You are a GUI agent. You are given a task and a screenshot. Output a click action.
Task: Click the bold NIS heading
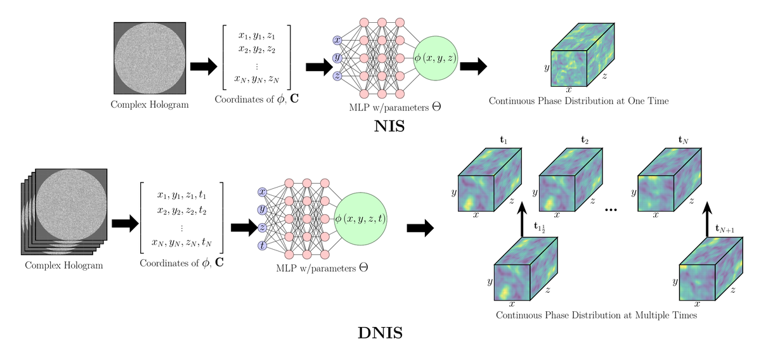pyautogui.click(x=389, y=126)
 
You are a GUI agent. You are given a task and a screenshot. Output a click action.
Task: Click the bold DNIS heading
pyautogui.click(x=380, y=333)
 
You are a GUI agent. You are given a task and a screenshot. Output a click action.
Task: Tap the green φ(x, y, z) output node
pyautogui.click(x=435, y=58)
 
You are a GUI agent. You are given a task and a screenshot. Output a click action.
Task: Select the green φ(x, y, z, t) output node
pyautogui.click(x=360, y=219)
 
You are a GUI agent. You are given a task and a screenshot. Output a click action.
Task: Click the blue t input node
pyautogui.click(x=262, y=245)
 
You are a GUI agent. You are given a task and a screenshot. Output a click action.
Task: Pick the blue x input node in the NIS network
pyautogui.click(x=337, y=40)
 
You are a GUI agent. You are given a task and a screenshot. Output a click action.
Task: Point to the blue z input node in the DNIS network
pyautogui.click(x=262, y=228)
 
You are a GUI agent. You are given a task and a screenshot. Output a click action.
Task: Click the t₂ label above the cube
pyautogui.click(x=584, y=140)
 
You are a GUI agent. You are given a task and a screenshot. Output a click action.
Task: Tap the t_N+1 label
pyautogui.click(x=725, y=229)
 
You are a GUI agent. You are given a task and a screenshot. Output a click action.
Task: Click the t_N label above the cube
pyautogui.click(x=683, y=140)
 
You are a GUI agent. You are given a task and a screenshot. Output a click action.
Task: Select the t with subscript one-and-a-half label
pyautogui.click(x=540, y=227)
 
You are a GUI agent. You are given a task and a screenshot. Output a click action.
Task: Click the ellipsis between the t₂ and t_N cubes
pyautogui.click(x=611, y=210)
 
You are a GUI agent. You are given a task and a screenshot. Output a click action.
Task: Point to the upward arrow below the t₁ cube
pyautogui.click(x=522, y=219)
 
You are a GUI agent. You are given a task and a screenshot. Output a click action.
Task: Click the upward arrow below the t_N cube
pyautogui.click(x=707, y=219)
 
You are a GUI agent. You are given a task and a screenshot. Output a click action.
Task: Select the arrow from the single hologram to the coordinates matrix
pyautogui.click(x=204, y=67)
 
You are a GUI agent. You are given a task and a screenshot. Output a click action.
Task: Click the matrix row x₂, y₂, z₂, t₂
pyautogui.click(x=182, y=211)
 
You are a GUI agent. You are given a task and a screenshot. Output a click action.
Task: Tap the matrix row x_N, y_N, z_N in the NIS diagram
pyautogui.click(x=256, y=79)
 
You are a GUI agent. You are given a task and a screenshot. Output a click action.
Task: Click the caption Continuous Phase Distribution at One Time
pyautogui.click(x=578, y=101)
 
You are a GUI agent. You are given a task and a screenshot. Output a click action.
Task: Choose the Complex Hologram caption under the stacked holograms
pyautogui.click(x=64, y=266)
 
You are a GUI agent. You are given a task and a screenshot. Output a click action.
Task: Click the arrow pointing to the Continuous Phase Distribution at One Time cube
pyautogui.click(x=473, y=66)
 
